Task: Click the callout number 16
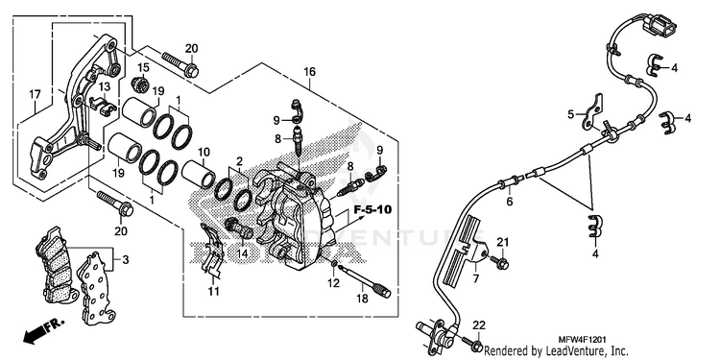309,72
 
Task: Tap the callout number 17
35,95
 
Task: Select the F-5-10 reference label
372,210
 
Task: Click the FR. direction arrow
43,331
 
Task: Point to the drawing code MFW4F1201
582,340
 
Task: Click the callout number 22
479,325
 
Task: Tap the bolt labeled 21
499,263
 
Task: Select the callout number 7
476,278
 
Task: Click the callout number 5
571,114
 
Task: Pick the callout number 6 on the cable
509,202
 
